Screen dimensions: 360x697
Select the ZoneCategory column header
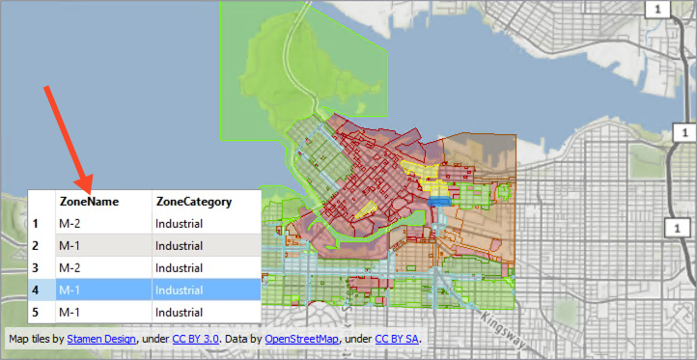pos(193,202)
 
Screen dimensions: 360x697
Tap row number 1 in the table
pos(36,224)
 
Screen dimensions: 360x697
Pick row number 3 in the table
pos(36,267)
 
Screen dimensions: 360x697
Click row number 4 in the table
pos(36,290)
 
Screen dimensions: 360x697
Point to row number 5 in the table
pos(36,312)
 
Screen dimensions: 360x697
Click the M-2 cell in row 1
pos(70,224)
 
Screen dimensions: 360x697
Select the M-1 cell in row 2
pos(70,246)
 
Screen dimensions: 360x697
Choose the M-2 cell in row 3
pos(70,267)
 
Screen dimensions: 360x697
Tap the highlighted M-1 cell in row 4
pos(70,290)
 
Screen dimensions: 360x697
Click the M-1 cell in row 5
pos(70,312)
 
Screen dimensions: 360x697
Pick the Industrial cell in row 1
pos(180,224)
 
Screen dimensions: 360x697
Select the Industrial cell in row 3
pos(180,267)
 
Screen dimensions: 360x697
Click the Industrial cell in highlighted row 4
pos(180,290)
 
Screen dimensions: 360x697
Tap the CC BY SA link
pos(397,339)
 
